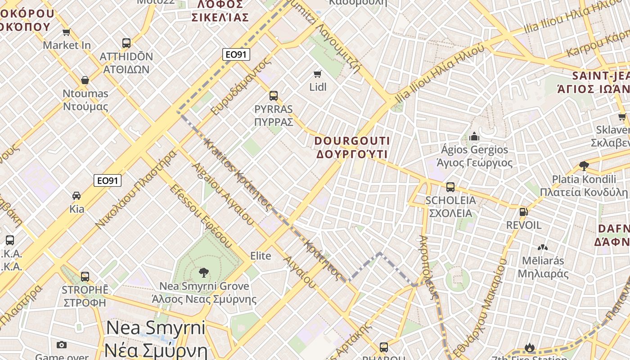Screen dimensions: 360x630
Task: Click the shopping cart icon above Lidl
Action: point(318,74)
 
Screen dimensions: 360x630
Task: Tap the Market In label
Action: point(67,45)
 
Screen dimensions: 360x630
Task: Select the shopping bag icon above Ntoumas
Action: point(85,81)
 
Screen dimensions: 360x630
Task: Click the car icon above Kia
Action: point(76,196)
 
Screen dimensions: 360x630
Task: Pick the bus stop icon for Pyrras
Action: point(273,96)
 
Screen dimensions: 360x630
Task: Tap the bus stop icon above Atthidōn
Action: point(126,43)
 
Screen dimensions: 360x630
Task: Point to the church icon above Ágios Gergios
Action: point(474,136)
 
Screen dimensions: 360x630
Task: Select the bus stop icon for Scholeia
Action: point(450,187)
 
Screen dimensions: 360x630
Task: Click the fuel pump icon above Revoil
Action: point(523,211)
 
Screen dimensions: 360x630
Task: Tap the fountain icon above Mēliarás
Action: point(542,247)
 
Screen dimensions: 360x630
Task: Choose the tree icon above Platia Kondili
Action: point(584,166)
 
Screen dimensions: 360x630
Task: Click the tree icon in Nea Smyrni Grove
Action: point(203,272)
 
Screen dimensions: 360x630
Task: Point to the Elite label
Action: point(261,256)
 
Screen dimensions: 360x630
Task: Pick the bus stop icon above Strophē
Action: point(85,276)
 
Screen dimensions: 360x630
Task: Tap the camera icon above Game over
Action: point(62,345)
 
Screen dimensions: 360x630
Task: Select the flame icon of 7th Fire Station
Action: point(529,348)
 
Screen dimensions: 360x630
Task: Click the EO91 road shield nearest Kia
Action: point(108,180)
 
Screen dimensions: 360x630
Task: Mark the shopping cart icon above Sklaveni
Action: point(622,117)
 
